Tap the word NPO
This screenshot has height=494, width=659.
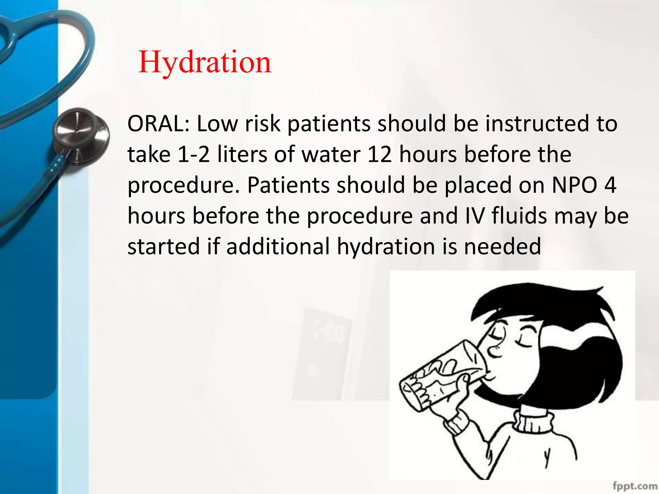(x=574, y=185)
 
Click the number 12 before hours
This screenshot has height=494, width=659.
(x=379, y=155)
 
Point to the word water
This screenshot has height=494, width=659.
(x=331, y=155)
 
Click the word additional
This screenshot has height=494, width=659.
(x=278, y=246)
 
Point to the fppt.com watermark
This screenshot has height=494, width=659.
(x=635, y=486)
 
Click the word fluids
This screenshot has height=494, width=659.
(x=519, y=216)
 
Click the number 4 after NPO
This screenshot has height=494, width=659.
(x=610, y=185)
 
